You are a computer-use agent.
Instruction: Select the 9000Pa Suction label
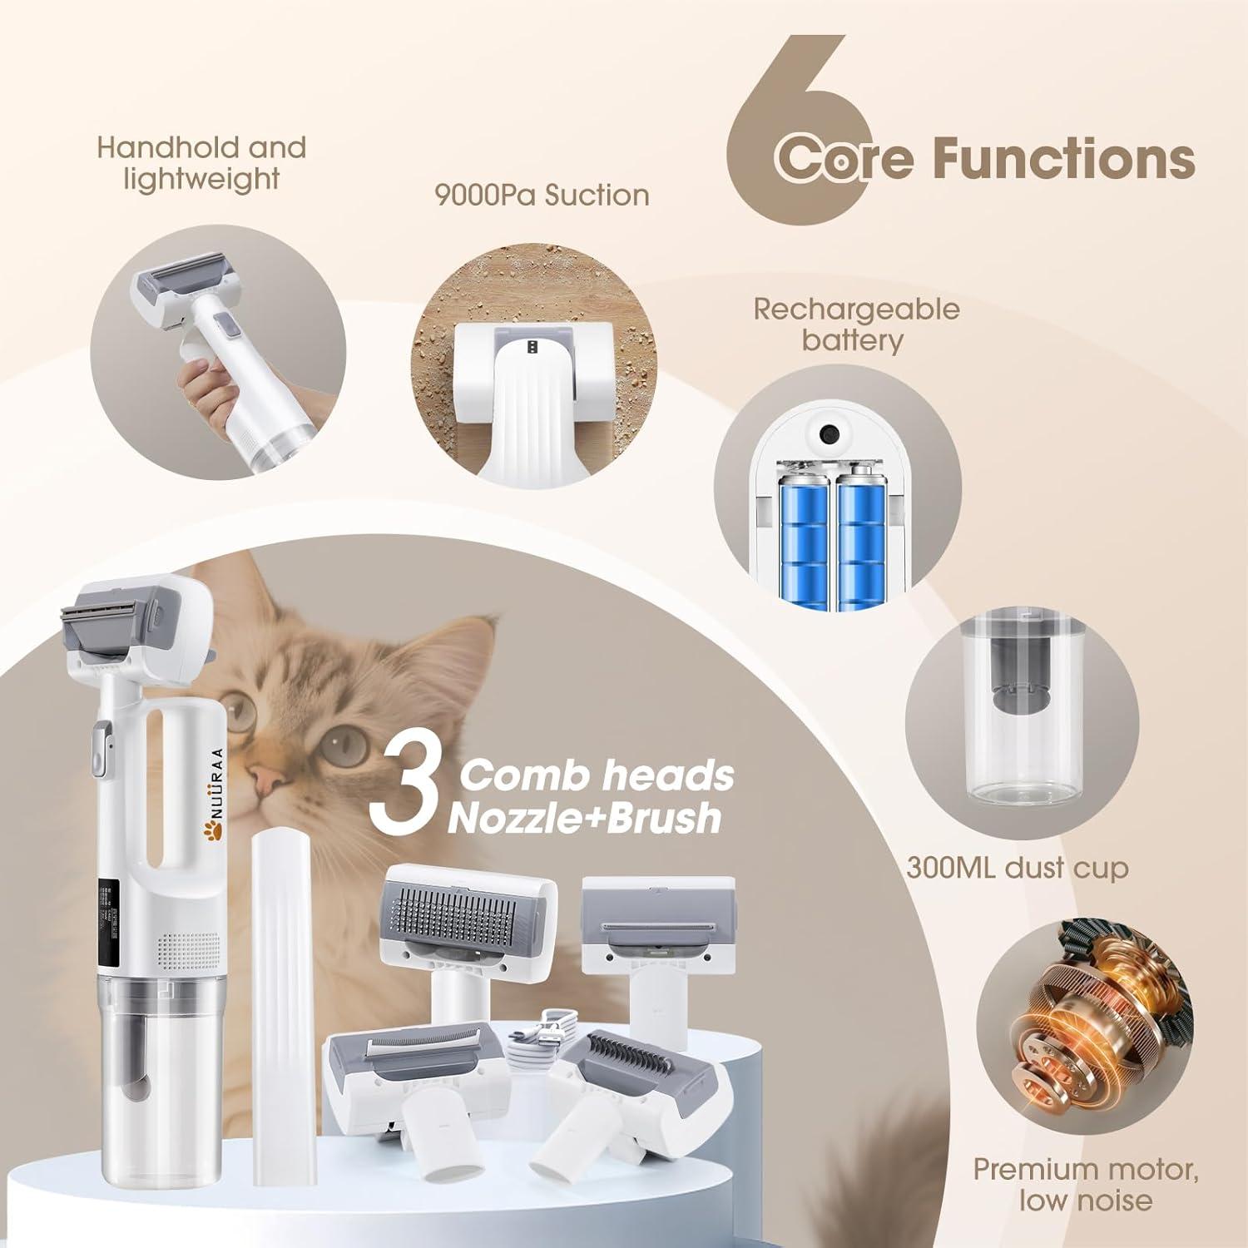[542, 196]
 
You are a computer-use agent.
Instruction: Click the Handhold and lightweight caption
[201, 163]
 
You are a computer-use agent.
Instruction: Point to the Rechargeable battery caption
[856, 324]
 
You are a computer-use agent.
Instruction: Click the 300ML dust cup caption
[1017, 868]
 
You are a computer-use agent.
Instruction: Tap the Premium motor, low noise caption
[1086, 1184]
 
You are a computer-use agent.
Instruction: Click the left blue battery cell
[801, 532]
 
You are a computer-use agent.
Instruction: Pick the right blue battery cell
[861, 532]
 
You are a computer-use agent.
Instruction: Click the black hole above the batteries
[828, 434]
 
